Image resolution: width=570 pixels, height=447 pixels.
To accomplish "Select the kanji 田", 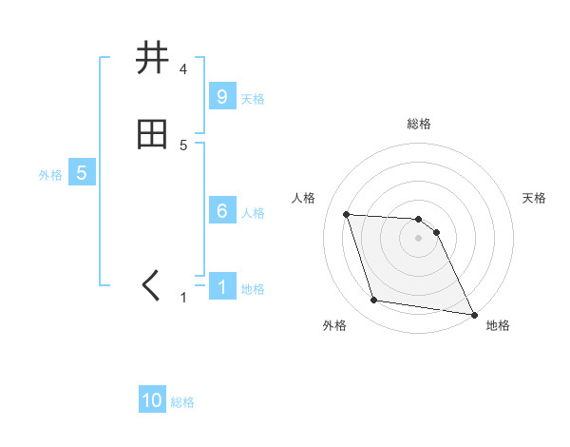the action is (152, 135).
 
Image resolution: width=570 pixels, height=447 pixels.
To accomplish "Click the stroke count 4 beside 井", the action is (183, 69).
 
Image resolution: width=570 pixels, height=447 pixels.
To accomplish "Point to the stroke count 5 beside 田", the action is (183, 146).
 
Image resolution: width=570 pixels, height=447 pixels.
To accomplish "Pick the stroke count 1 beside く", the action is (183, 298).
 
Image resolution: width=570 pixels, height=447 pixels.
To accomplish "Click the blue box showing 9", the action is (221, 97).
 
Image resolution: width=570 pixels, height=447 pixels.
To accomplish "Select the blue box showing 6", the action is (221, 211).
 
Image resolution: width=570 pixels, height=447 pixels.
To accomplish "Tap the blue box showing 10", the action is (152, 400).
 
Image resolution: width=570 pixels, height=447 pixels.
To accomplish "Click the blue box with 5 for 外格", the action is (82, 173).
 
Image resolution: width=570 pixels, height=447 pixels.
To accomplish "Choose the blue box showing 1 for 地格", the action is (221, 287).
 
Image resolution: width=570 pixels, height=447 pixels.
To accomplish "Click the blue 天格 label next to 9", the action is (253, 98).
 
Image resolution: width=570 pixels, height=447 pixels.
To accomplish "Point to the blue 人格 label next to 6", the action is (253, 212).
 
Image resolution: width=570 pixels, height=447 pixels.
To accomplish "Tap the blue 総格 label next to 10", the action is (182, 402).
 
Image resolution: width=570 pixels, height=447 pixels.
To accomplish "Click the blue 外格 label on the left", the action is (50, 175).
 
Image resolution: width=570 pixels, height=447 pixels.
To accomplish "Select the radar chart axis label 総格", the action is (419, 124).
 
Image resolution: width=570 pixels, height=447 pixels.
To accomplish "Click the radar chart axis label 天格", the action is (535, 198).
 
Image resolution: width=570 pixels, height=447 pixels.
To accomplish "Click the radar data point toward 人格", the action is (347, 214).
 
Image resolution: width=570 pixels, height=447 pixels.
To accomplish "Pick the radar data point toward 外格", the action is (374, 301).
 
